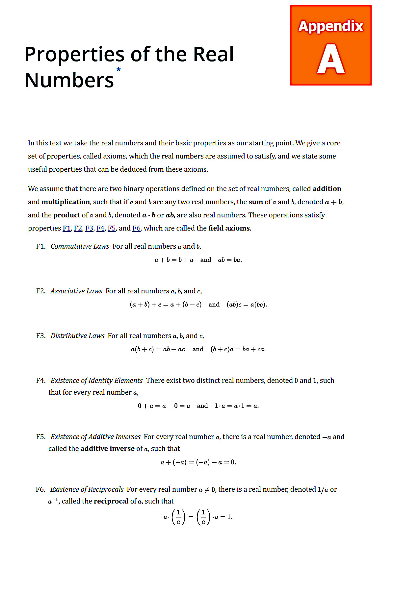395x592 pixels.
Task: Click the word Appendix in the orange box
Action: [x=331, y=26]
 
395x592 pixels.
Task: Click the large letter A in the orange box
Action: [x=331, y=59]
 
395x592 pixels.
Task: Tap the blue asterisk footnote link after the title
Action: [x=118, y=69]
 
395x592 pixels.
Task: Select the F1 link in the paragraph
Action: [x=66, y=228]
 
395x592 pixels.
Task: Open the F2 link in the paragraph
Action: [x=78, y=228]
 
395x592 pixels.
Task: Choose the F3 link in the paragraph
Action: [x=89, y=228]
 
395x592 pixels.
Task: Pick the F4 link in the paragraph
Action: [x=100, y=228]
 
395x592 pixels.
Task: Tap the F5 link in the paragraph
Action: [x=112, y=228]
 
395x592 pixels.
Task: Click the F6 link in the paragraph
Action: [x=136, y=228]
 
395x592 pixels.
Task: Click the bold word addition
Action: [x=327, y=189]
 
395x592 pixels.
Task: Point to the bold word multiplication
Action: [x=66, y=202]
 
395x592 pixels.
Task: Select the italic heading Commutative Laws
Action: [x=80, y=246]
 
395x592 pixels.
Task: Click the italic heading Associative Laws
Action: [x=76, y=291]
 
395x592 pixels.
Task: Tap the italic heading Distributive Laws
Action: [x=77, y=336]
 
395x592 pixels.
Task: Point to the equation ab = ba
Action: [x=230, y=260]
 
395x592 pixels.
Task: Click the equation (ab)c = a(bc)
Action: [x=247, y=305]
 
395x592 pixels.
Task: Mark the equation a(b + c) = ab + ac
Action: [x=158, y=349]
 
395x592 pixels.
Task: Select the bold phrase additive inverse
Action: [x=107, y=449]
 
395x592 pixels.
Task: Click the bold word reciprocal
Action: [x=111, y=501]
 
